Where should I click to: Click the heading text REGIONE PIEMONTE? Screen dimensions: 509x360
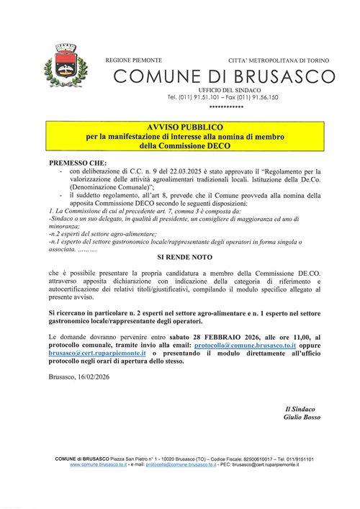(133, 60)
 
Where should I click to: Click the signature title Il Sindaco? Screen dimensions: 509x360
(301, 409)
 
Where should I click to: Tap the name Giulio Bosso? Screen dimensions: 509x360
(301, 418)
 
